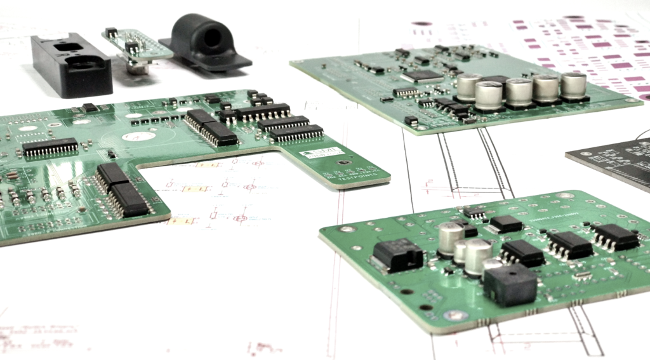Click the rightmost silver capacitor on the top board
[x=574, y=86]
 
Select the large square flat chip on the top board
[x=421, y=76]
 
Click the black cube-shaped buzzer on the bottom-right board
[x=509, y=284]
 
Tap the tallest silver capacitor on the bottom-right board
[x=451, y=239]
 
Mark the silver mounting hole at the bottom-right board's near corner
[x=455, y=315]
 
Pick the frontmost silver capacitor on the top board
[x=489, y=95]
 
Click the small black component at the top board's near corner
[x=411, y=120]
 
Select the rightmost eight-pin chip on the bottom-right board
[x=614, y=237]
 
